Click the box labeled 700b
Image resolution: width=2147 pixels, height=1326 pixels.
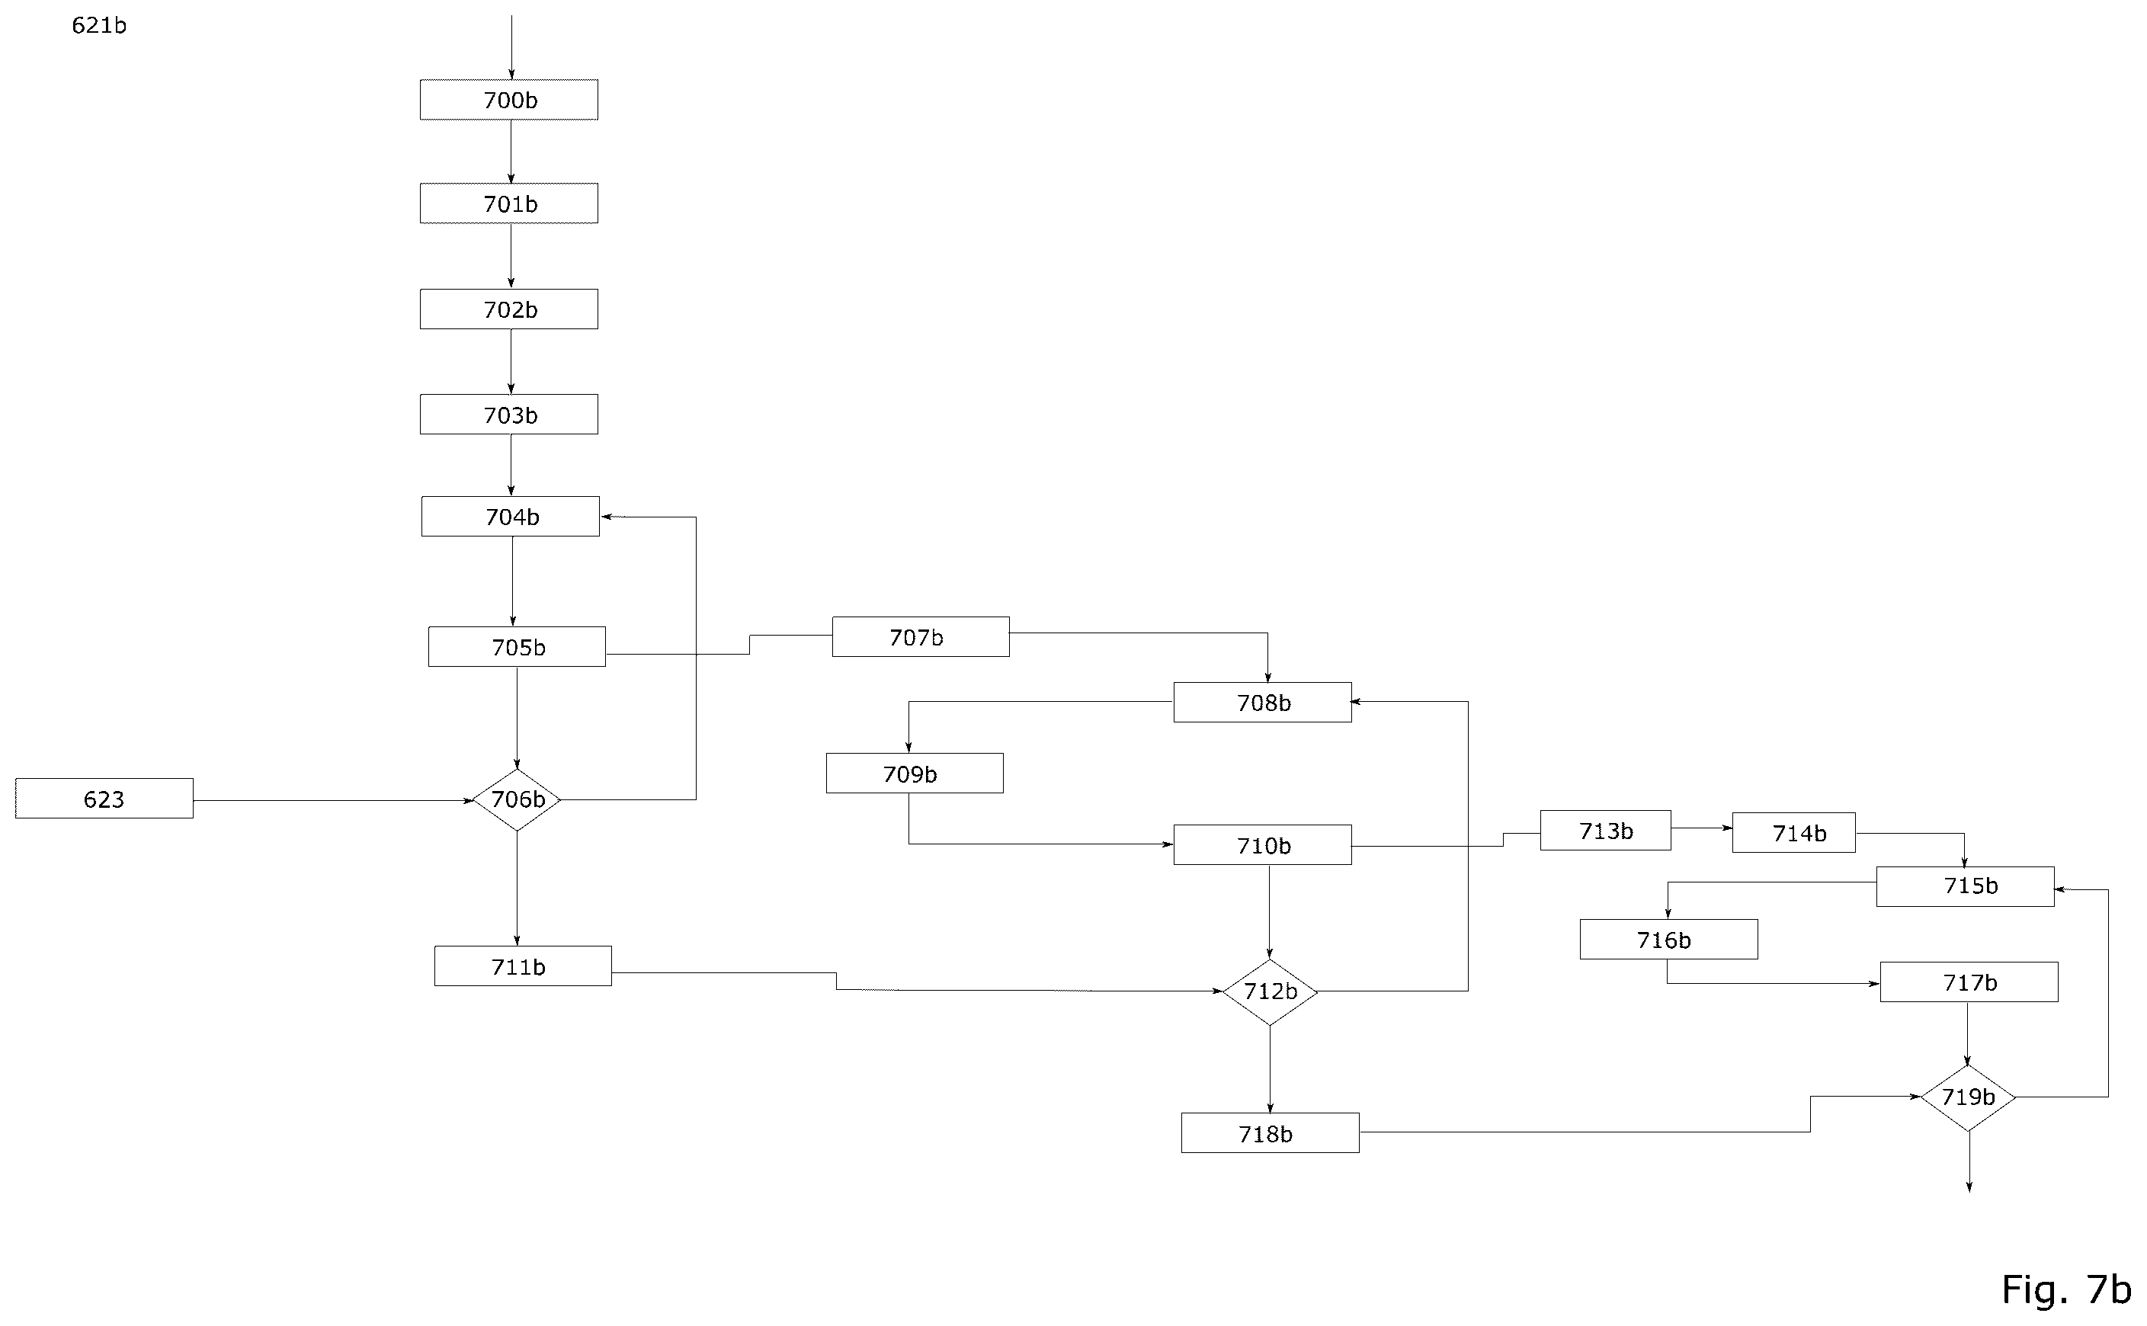coord(508,100)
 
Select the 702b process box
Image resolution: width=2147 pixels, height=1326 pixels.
coord(508,309)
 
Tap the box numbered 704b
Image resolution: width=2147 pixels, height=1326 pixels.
coord(511,517)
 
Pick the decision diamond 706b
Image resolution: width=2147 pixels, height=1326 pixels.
coord(517,800)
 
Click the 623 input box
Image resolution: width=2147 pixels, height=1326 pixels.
coord(104,799)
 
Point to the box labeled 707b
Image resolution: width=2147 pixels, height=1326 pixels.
coord(921,636)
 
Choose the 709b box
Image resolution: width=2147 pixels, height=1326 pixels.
coord(915,773)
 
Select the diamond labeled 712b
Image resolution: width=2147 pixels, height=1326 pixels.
coord(1270,992)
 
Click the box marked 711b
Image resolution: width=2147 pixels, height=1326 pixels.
coord(523,966)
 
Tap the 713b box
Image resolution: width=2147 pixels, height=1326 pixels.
coord(1605,831)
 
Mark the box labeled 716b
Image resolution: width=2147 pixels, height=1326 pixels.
coord(1668,939)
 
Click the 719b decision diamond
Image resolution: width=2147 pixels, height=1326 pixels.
coord(1968,1097)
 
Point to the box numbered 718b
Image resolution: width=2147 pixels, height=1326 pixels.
coord(1270,1133)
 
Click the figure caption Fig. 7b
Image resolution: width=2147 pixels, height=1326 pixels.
coord(2066,1289)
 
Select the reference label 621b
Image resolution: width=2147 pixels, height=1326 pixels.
coord(99,25)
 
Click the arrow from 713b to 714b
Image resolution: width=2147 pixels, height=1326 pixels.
coord(1701,828)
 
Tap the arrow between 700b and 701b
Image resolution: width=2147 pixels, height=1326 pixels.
coord(511,152)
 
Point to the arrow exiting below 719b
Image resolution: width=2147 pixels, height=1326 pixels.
coord(1969,1162)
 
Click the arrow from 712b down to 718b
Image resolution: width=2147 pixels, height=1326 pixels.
coord(1270,1069)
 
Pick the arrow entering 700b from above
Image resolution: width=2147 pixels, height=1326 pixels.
coord(511,47)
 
